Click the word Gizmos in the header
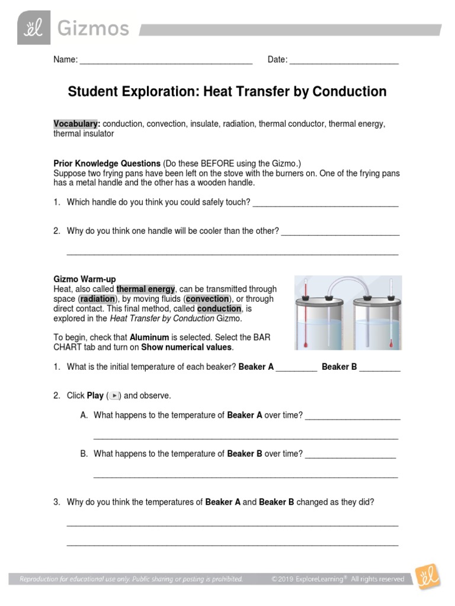(92, 28)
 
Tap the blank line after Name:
(166, 60)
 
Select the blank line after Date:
(344, 60)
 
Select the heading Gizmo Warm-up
(85, 279)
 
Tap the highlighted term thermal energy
(146, 289)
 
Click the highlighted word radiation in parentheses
(97, 299)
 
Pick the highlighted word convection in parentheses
(207, 299)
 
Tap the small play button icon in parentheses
(116, 395)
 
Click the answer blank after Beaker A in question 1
(296, 368)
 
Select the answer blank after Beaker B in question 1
(380, 368)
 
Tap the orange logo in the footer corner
(426, 579)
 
